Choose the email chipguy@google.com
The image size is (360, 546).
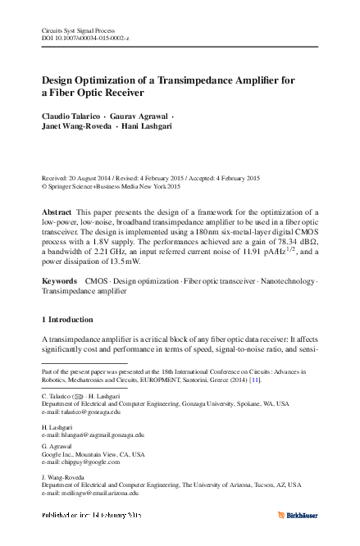[x=91, y=462]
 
